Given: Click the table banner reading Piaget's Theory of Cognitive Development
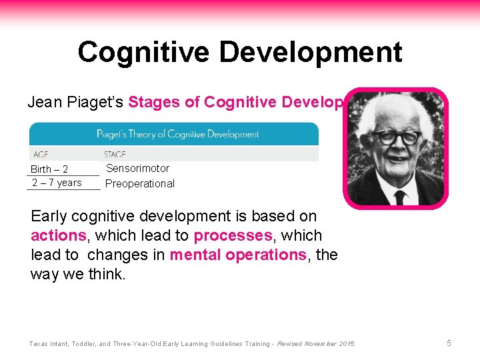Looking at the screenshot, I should tap(177, 134).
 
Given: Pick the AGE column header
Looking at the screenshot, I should tap(41, 155).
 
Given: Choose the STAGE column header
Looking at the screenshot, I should tap(115, 155).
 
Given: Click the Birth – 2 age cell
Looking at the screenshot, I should tap(49, 169).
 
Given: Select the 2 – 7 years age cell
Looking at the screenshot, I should tap(57, 183).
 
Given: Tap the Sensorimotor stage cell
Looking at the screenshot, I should tap(137, 169).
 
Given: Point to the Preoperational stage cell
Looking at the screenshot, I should tap(140, 183).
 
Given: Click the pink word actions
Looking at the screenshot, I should tap(59, 236).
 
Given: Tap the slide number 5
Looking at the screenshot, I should tap(449, 343).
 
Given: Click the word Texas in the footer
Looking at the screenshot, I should tap(39, 343).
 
